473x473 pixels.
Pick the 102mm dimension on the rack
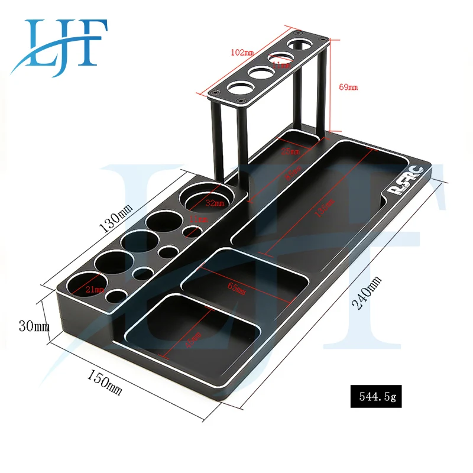point(241,53)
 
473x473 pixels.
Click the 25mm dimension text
point(289,151)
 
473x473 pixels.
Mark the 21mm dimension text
point(95,289)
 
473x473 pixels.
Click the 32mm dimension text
point(216,203)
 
